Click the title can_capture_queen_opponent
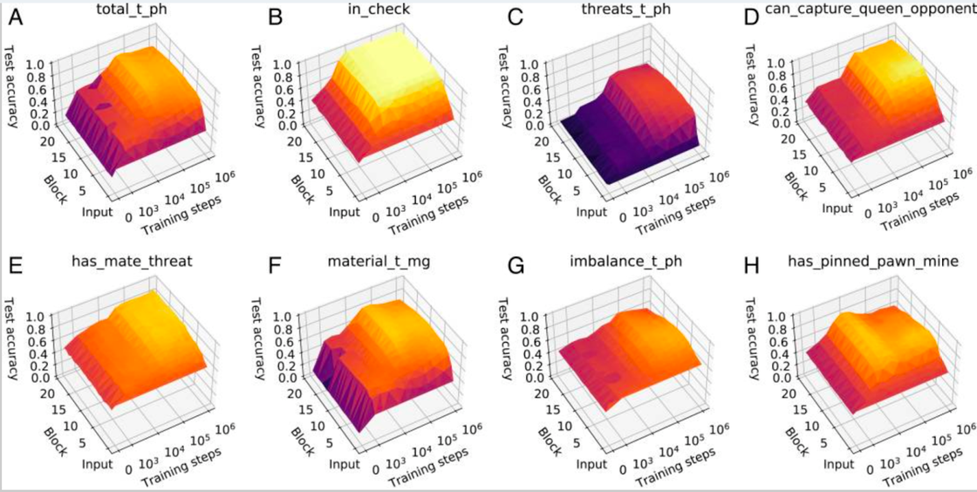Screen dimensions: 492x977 click(x=866, y=12)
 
